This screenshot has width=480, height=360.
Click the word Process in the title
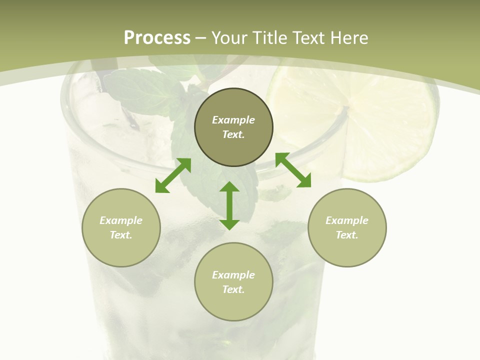157,38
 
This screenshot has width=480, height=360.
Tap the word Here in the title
349,38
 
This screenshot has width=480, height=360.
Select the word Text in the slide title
309,38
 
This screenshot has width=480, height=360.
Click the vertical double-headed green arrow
229,205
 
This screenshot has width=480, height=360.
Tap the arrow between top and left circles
173,175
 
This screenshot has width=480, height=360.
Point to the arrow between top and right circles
293,170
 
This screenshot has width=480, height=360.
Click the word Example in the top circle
233,120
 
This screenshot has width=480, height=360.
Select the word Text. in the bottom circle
233,289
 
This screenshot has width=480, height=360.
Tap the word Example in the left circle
121,220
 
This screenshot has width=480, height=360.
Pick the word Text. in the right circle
347,235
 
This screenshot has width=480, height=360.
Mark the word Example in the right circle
347,220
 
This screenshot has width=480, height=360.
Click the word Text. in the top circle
233,134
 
